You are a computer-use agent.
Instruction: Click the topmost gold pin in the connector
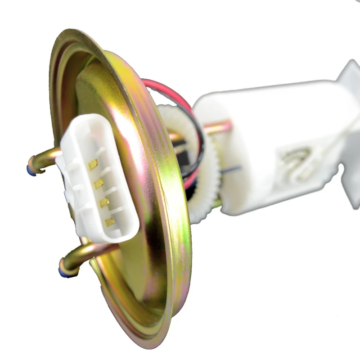click(93, 165)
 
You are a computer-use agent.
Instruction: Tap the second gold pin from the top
click(99, 184)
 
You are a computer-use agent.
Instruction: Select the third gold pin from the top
click(104, 202)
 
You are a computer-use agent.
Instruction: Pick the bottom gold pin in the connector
click(110, 221)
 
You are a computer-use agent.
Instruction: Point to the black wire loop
click(200, 148)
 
